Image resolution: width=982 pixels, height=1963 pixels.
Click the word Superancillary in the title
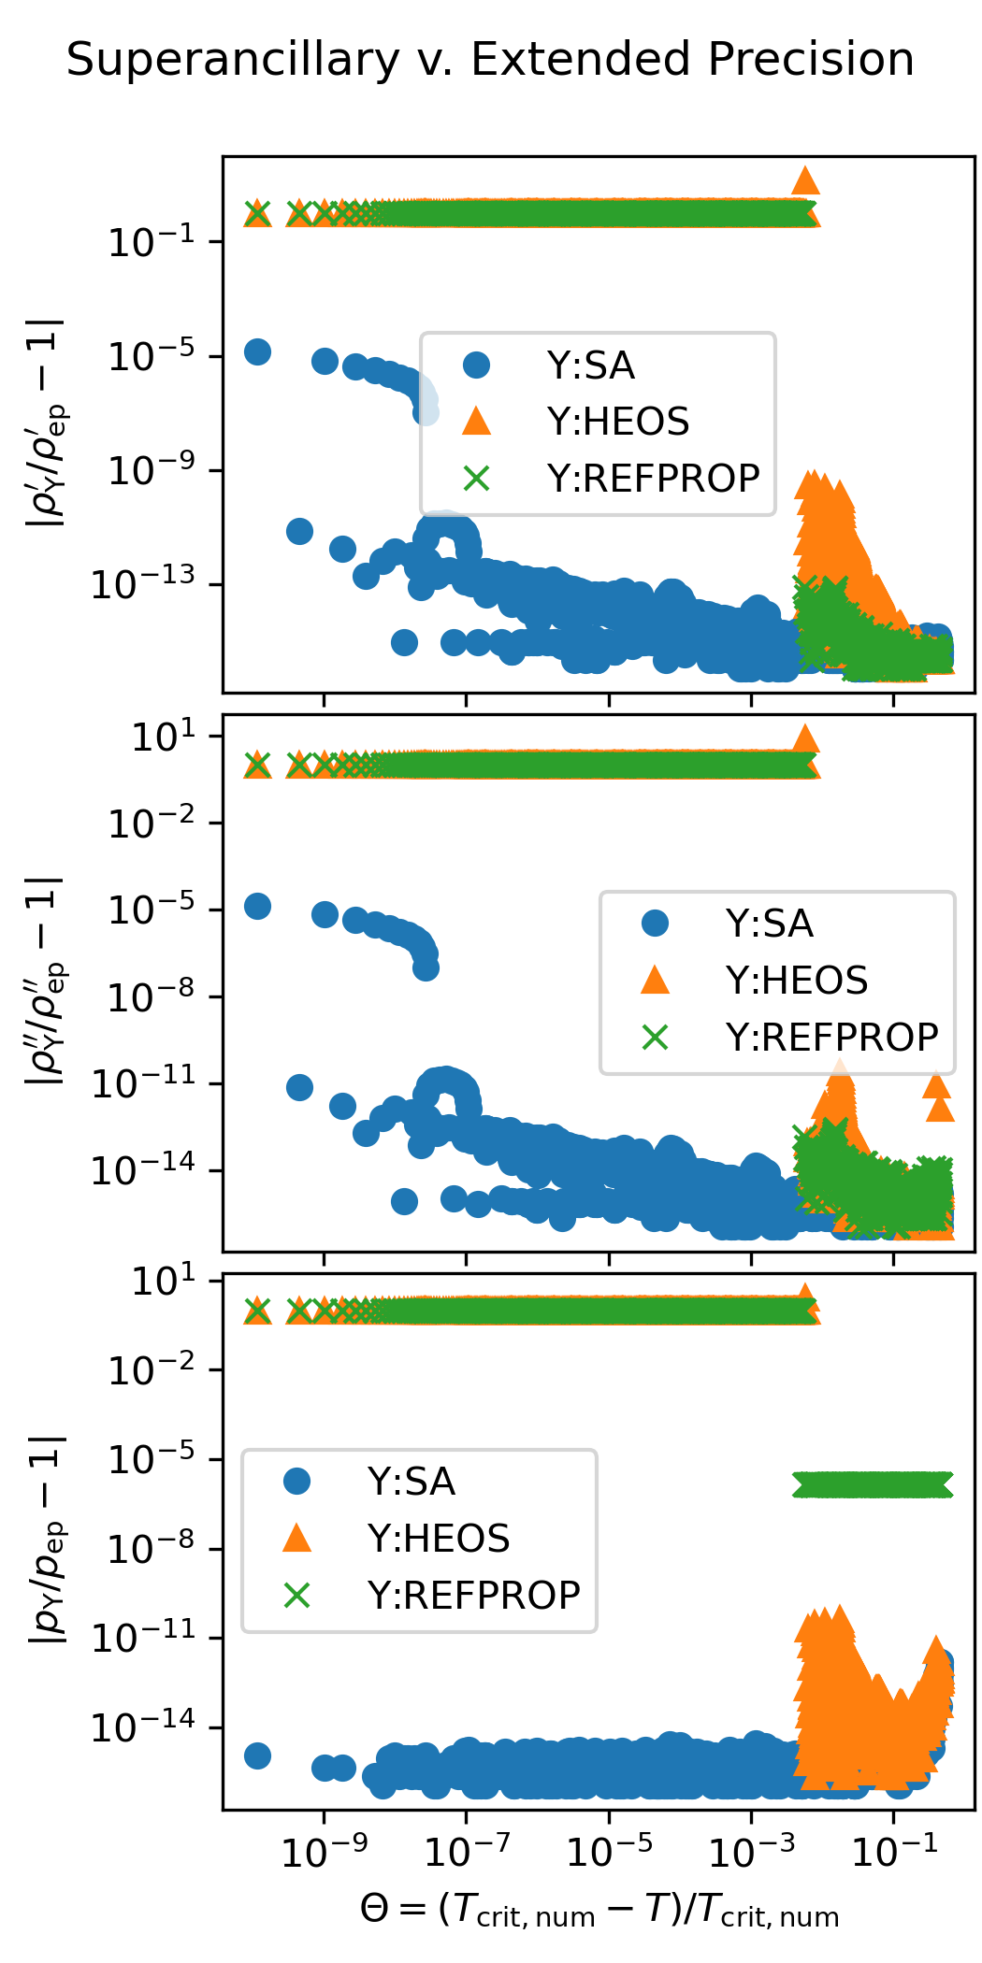(233, 61)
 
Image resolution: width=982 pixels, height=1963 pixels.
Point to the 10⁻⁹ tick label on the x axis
(324, 1852)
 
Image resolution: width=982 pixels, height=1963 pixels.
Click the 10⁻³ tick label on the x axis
(751, 1852)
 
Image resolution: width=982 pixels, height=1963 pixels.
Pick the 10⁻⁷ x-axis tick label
(466, 1852)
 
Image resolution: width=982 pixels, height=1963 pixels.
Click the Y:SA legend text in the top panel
(591, 366)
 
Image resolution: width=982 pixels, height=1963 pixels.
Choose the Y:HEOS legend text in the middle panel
(797, 981)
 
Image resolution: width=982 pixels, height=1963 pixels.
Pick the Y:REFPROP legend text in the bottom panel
(474, 1595)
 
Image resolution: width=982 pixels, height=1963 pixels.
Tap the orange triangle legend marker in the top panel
(476, 422)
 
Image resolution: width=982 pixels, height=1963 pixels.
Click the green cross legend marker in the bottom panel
(296, 1595)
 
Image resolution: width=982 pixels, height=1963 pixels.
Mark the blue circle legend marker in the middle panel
(655, 924)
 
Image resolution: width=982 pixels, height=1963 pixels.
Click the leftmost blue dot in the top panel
(257, 351)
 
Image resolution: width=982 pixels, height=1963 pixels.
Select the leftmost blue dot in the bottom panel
(257, 1755)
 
